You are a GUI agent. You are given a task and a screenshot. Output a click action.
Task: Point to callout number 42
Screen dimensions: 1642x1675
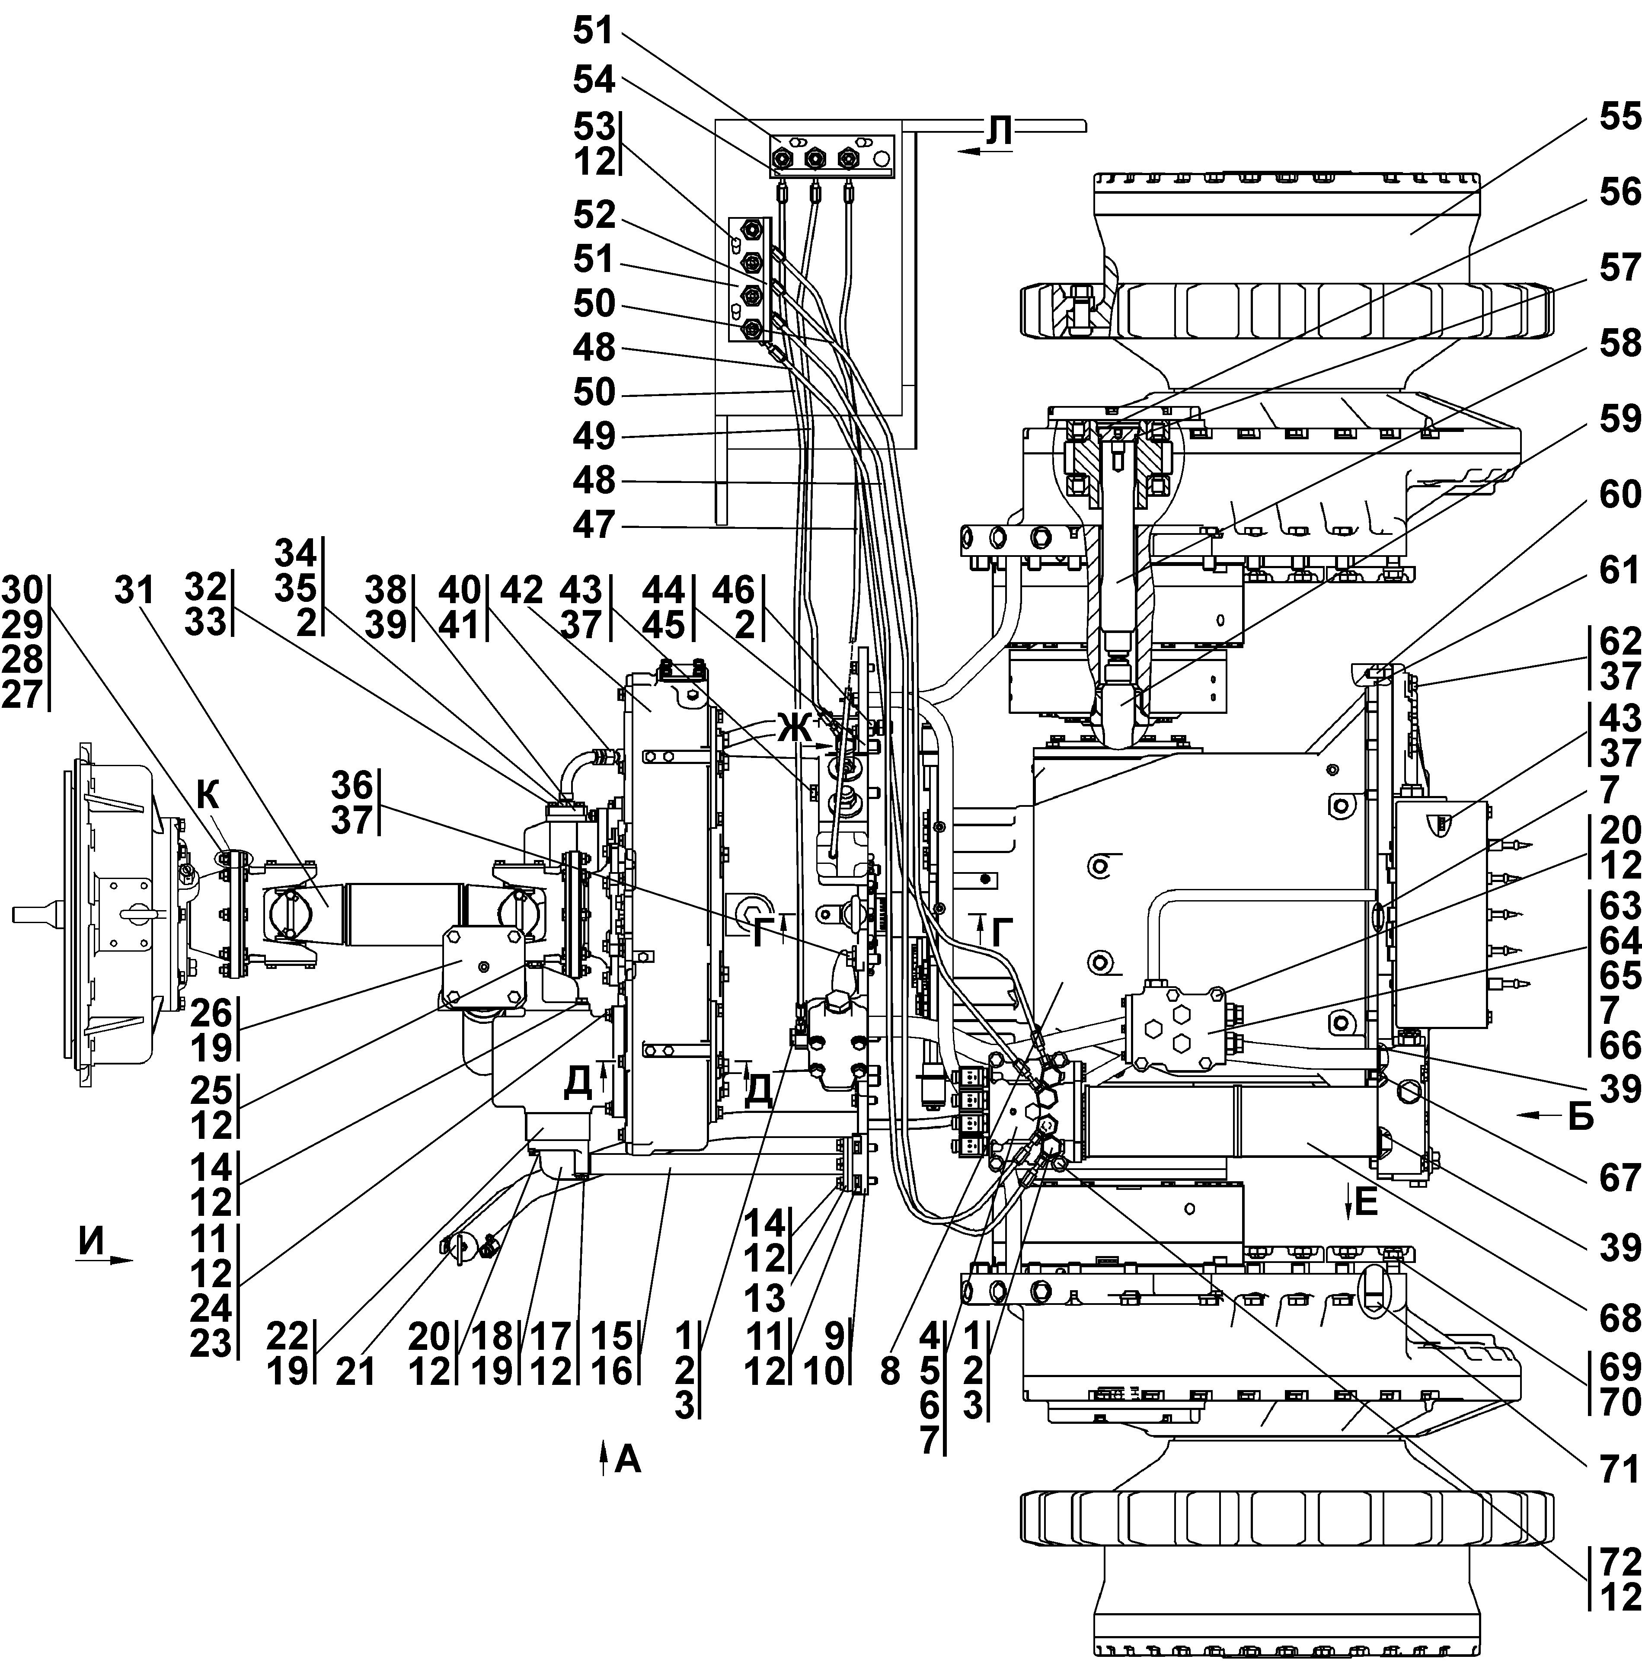tap(522, 591)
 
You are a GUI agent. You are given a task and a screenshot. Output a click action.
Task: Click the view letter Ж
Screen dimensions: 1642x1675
tap(794, 729)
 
